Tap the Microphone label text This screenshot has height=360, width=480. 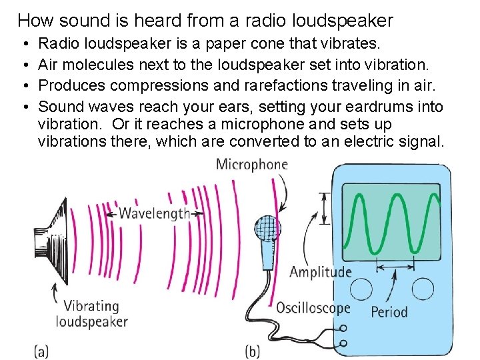point(251,165)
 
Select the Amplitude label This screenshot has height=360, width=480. point(320,271)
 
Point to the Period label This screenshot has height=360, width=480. point(389,311)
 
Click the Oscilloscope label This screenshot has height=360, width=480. point(313,308)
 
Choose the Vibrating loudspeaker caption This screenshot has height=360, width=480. point(91,314)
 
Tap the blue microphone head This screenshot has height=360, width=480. point(267,229)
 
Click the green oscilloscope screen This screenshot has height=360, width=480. point(391,223)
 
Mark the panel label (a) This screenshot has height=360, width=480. point(41,351)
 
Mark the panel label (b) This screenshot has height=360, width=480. point(253,351)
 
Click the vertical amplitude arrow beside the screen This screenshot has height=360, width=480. point(325,209)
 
